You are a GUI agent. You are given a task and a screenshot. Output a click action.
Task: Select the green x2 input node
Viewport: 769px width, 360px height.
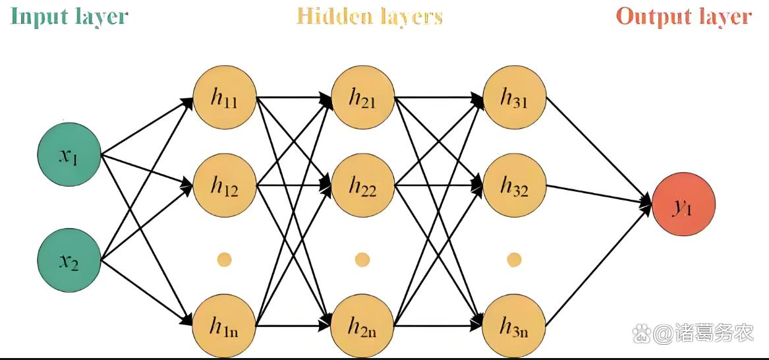tap(69, 261)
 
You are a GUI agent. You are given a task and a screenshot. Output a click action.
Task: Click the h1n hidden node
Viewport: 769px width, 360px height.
tap(224, 325)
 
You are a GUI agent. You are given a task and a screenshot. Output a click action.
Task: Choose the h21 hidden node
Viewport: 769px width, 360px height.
tap(362, 99)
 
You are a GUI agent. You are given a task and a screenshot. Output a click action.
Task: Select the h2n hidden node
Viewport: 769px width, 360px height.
tap(362, 325)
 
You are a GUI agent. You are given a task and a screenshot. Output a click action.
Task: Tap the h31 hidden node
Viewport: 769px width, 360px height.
tap(514, 99)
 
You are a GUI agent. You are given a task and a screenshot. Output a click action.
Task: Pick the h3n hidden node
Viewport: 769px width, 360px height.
tap(514, 325)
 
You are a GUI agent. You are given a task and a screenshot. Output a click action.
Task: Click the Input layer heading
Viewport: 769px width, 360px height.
tap(69, 16)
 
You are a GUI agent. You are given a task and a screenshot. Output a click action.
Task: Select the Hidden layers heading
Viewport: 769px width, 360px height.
tap(369, 16)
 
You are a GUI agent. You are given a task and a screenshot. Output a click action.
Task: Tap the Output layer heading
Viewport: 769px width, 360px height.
tap(683, 16)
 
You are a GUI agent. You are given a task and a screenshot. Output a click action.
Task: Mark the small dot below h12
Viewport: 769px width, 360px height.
tap(224, 260)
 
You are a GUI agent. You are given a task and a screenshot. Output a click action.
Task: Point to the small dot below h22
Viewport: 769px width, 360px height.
tap(362, 260)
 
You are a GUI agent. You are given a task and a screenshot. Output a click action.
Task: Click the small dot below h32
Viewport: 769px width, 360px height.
tap(514, 260)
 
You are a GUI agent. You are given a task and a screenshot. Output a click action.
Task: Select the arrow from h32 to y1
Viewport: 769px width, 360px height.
tap(596, 195)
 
